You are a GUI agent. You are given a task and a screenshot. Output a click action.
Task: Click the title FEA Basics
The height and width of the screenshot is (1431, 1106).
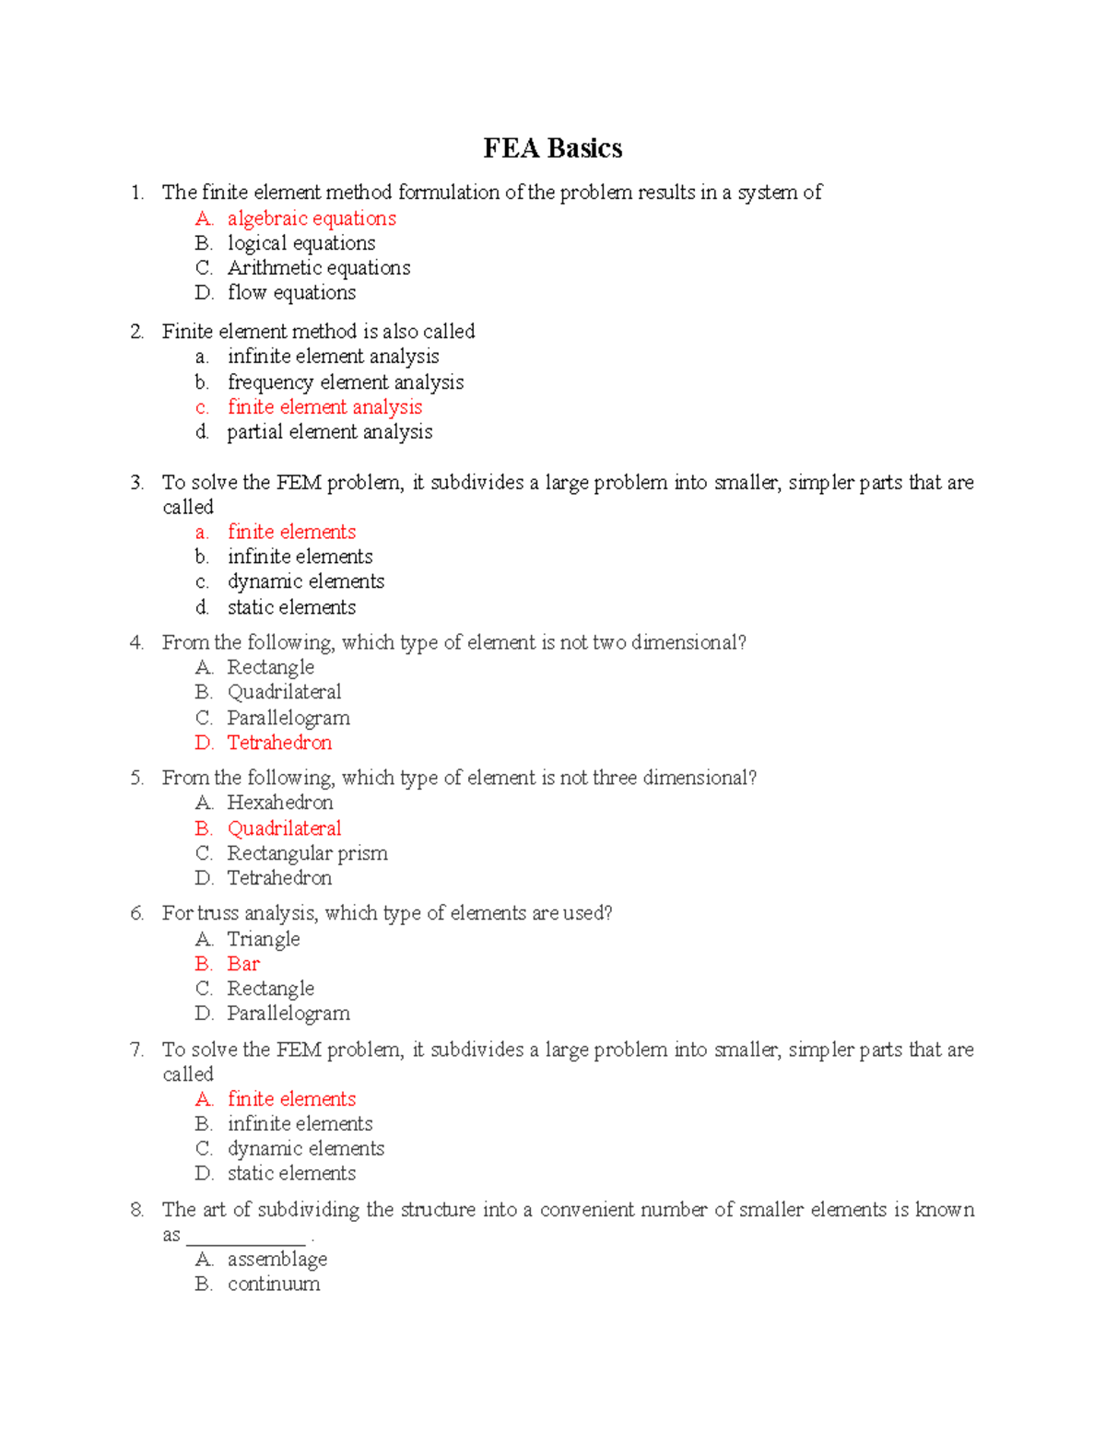[x=552, y=148]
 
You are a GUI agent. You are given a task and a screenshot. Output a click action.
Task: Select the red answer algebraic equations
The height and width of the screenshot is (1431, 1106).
[x=312, y=218]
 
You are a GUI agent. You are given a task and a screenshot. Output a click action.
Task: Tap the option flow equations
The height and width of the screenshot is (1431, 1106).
[x=291, y=293]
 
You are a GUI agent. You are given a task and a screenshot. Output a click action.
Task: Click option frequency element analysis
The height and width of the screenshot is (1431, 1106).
[x=345, y=382]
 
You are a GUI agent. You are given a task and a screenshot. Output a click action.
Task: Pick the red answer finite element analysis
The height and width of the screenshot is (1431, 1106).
[x=324, y=407]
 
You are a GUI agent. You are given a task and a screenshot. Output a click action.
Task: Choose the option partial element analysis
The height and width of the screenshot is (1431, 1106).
[x=329, y=432]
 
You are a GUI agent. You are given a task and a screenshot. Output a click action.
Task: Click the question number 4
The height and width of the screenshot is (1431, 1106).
[x=136, y=643]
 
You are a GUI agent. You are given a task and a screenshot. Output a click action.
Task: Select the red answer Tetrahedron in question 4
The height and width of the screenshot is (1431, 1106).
[x=279, y=743]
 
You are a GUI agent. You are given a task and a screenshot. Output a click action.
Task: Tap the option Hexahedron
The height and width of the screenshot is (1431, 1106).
[x=280, y=803]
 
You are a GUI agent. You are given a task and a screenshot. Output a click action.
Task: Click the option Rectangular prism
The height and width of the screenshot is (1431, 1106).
[x=307, y=853]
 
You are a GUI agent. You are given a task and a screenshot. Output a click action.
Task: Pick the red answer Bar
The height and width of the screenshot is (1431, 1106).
[x=243, y=964]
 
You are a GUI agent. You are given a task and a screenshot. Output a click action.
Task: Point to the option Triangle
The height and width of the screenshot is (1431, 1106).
[x=264, y=939]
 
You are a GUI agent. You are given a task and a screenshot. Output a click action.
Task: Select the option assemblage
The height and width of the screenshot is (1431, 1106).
[x=277, y=1260]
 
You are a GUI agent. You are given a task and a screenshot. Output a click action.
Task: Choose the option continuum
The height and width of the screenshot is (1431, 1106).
[x=274, y=1284]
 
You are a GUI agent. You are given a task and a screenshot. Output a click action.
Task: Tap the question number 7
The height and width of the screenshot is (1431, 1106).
[x=136, y=1050]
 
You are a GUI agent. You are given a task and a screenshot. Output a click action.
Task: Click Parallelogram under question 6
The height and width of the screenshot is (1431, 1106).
[x=288, y=1014]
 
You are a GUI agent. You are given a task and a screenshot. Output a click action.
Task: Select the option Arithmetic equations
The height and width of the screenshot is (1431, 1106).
[x=319, y=268]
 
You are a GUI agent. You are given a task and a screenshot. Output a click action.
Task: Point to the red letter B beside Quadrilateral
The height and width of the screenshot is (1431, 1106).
[x=203, y=828]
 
